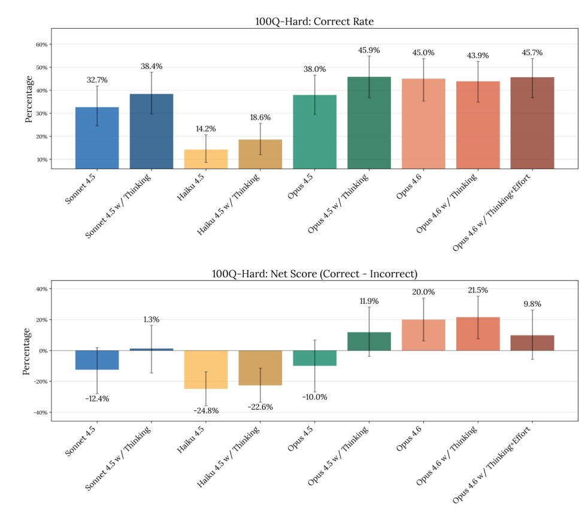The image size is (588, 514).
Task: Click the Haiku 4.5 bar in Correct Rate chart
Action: pos(205,159)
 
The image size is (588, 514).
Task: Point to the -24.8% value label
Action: pos(205,410)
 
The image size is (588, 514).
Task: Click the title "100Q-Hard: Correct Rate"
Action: pos(314,22)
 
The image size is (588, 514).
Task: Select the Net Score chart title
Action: pos(314,274)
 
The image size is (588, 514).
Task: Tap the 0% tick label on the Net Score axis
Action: pos(42,350)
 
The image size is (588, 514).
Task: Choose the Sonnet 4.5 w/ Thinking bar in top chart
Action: pos(151,131)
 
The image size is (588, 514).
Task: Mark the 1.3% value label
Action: pos(151,320)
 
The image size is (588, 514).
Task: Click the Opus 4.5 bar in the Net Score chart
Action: pos(314,358)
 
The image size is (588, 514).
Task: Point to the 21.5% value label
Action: pos(478,291)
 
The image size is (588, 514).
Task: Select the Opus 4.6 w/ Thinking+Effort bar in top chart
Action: pos(532,123)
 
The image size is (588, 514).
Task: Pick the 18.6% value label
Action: pos(260,117)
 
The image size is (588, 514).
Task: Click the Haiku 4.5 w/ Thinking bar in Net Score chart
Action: pos(260,367)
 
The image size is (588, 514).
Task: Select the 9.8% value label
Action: pos(532,304)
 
